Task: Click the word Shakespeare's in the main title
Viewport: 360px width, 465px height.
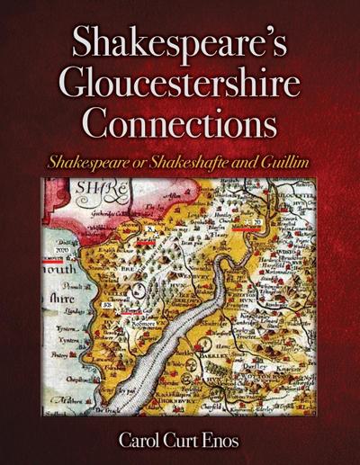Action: pos(180,45)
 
